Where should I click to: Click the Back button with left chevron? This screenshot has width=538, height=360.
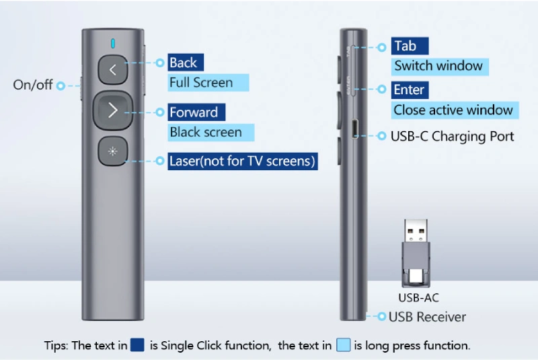click(112, 69)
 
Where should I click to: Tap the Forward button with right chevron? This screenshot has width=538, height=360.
click(112, 111)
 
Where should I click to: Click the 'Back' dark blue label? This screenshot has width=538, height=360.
click(183, 63)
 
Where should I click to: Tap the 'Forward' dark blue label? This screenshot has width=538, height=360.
click(194, 112)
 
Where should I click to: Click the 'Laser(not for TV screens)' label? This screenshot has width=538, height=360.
click(242, 161)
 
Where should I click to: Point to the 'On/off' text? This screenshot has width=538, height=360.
click(33, 85)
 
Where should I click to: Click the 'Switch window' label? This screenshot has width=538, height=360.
click(439, 66)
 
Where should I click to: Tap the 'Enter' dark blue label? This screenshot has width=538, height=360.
click(410, 90)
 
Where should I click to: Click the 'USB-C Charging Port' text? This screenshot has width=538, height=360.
click(452, 137)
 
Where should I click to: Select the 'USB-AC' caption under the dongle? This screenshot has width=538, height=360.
click(418, 297)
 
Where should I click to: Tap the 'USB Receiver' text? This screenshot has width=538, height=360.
click(427, 316)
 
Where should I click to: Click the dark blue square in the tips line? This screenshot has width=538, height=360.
click(138, 346)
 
